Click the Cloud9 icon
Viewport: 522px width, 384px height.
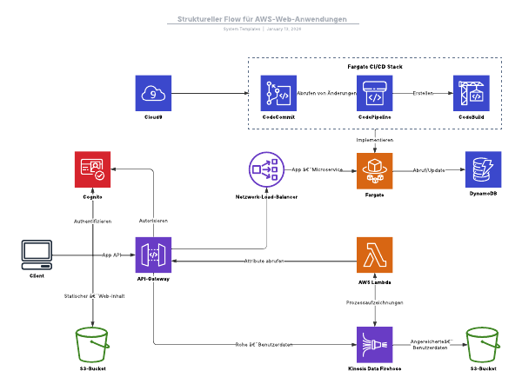coord(154,92)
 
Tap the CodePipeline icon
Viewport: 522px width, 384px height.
coord(375,92)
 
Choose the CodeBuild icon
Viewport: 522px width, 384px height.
coord(472,92)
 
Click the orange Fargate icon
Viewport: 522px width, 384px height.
coord(375,169)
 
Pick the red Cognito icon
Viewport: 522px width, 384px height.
coord(92,169)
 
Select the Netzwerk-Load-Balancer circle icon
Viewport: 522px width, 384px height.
coord(268,169)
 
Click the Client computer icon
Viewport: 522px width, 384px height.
coord(37,255)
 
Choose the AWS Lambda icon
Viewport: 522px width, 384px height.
coord(375,255)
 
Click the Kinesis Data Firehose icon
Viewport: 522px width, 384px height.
coord(375,346)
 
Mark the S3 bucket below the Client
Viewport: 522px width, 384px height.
coord(92,346)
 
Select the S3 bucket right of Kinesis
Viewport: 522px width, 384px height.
coord(485,346)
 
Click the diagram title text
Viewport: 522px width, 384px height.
coord(261,18)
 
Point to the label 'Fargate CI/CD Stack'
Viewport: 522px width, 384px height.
coord(375,66)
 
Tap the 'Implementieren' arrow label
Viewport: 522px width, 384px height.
coord(375,139)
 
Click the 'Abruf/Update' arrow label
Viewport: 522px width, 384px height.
coord(429,169)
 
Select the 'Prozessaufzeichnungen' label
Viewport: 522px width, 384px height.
coord(375,302)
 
